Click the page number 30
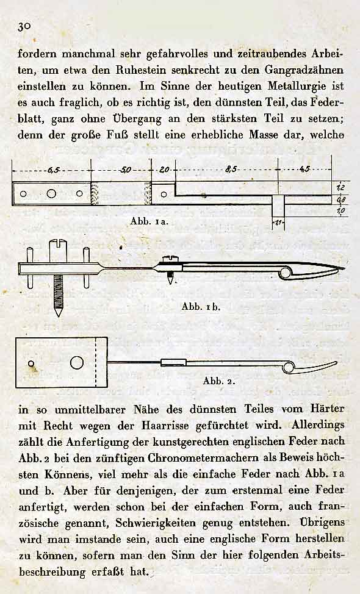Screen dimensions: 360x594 24,26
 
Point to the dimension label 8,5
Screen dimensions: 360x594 231,170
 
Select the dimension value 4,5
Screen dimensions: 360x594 305,169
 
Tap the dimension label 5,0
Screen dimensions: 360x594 126,170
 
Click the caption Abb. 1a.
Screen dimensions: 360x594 149,221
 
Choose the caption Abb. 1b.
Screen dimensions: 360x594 201,307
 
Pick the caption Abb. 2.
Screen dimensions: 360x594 218,381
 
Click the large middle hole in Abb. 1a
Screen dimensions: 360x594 51,194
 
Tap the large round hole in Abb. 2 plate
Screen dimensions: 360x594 77,362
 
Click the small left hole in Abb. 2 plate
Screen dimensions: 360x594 31,363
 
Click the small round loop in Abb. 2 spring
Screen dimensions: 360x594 289,367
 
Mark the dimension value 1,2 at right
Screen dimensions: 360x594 340,187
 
